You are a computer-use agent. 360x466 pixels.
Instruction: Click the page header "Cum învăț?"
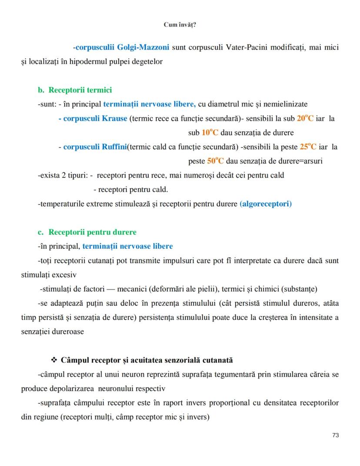(180, 25)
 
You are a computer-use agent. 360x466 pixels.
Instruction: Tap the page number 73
(335, 435)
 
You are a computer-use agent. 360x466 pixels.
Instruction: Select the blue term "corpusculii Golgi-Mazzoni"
(122, 47)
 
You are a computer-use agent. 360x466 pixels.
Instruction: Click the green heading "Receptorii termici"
(80, 90)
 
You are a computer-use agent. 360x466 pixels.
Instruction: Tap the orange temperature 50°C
(216, 161)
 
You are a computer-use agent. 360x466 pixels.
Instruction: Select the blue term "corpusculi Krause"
(95, 118)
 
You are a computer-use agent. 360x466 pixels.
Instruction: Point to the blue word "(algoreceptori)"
(266, 204)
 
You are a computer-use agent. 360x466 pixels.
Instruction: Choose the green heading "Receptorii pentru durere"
(92, 232)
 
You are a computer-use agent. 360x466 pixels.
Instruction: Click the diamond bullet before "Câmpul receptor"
(54, 360)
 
